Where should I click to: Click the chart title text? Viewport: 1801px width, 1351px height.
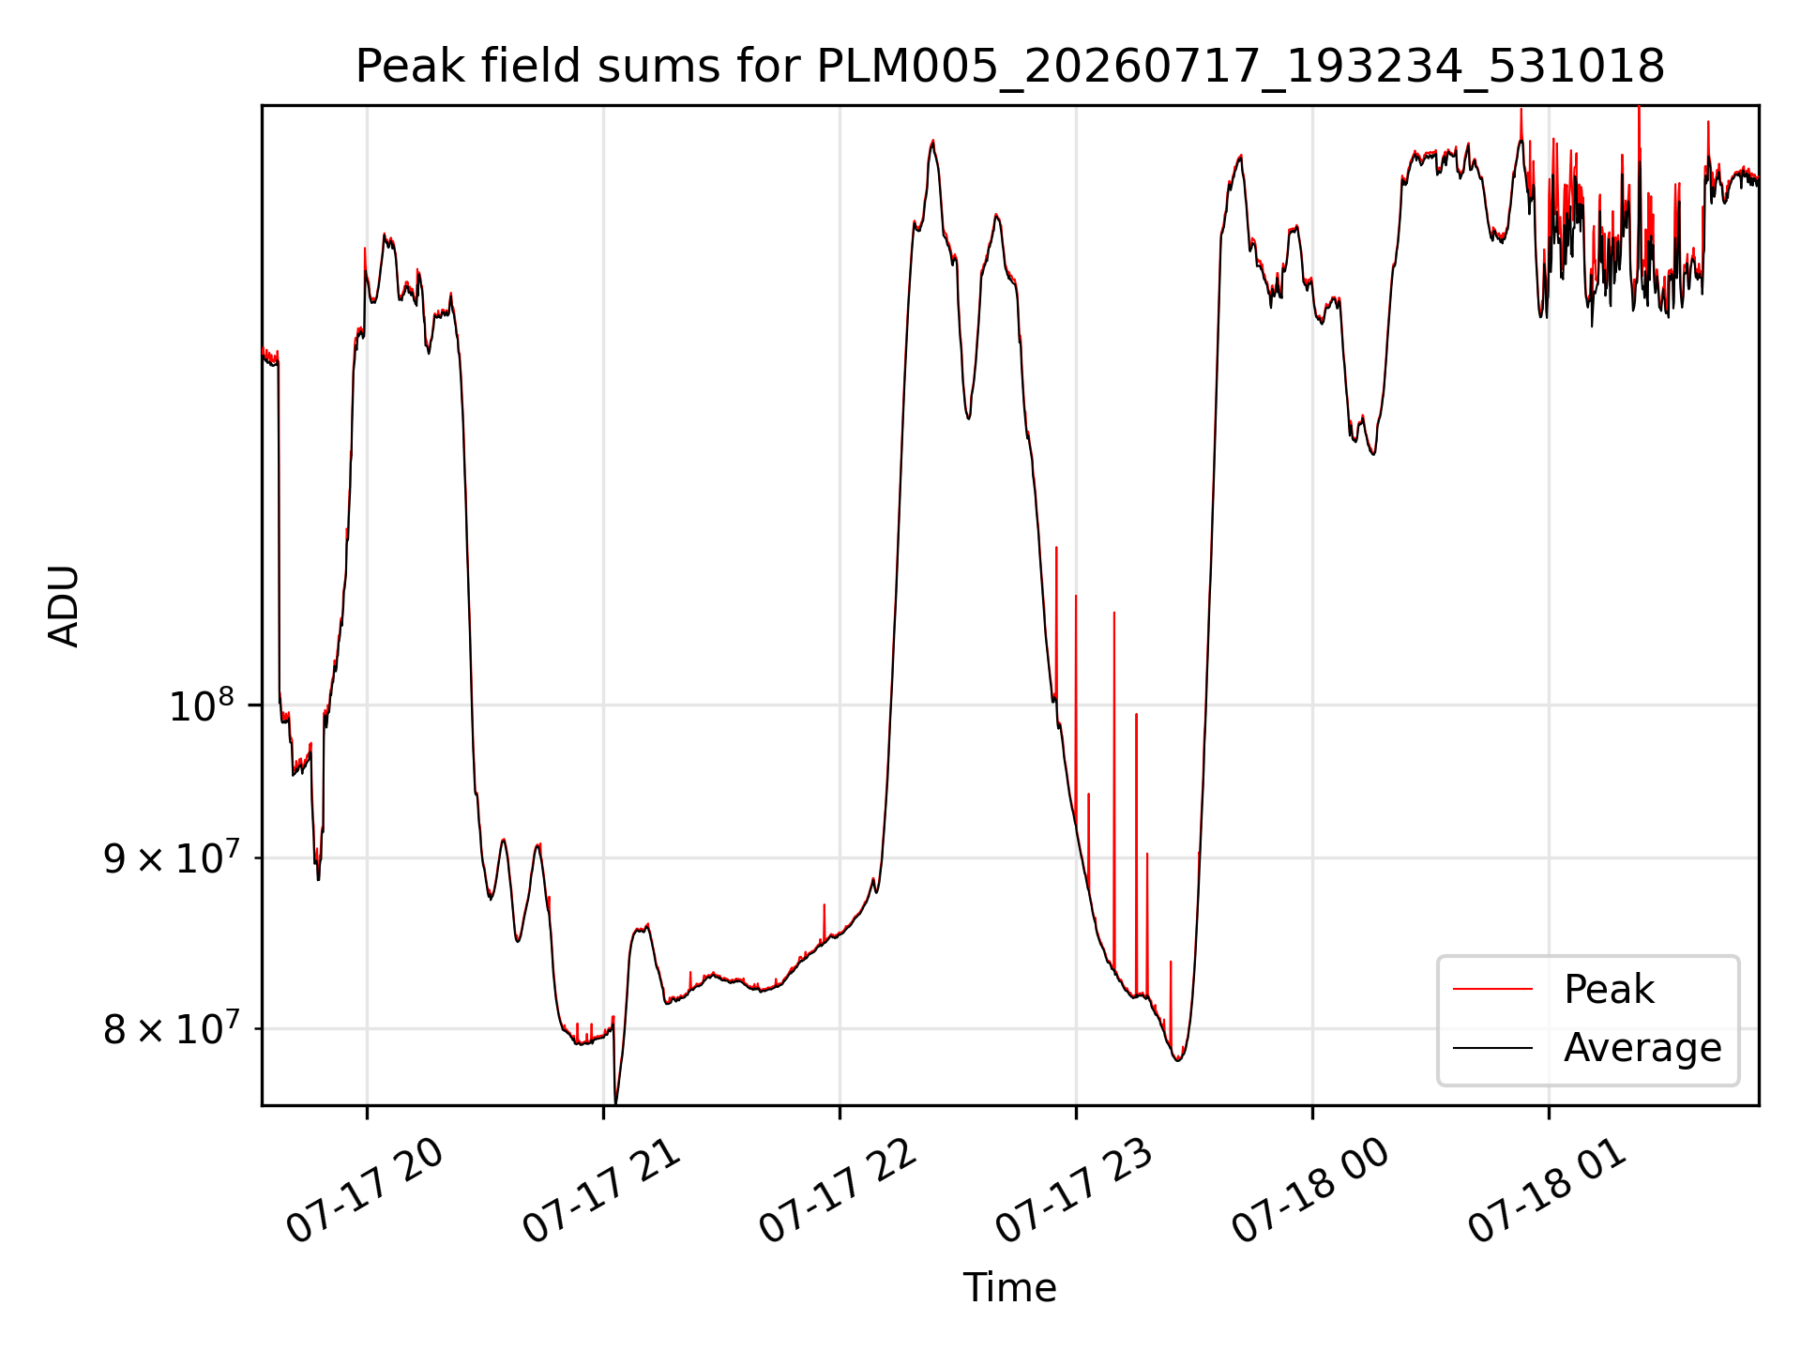pyautogui.click(x=1010, y=67)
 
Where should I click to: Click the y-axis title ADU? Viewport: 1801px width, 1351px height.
pyautogui.click(x=64, y=605)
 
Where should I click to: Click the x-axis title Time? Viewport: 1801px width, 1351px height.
pyautogui.click(x=1009, y=1288)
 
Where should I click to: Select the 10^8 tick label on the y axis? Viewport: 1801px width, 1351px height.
pyautogui.click(x=203, y=705)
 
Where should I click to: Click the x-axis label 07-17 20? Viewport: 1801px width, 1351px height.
pyautogui.click(x=365, y=1191)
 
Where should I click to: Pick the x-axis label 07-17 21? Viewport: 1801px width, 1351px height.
pyautogui.click(x=601, y=1191)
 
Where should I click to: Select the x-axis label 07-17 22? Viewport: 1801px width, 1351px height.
pyautogui.click(x=838, y=1191)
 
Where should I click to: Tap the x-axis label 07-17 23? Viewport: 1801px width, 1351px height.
pyautogui.click(x=1074, y=1191)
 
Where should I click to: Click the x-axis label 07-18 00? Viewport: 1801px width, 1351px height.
pyautogui.click(x=1310, y=1191)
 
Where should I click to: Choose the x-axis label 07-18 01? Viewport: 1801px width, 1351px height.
pyautogui.click(x=1547, y=1191)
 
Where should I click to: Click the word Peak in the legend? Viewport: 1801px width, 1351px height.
pyautogui.click(x=1609, y=990)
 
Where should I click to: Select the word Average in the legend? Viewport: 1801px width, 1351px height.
pyautogui.click(x=1642, y=1047)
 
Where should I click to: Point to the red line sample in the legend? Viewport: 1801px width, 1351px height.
pyautogui.click(x=1492, y=989)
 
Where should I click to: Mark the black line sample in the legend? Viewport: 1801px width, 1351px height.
pyautogui.click(x=1492, y=1048)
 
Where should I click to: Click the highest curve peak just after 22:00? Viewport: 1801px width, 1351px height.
pyautogui.click(x=932, y=141)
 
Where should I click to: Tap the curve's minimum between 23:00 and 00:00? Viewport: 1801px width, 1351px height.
pyautogui.click(x=1178, y=1060)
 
